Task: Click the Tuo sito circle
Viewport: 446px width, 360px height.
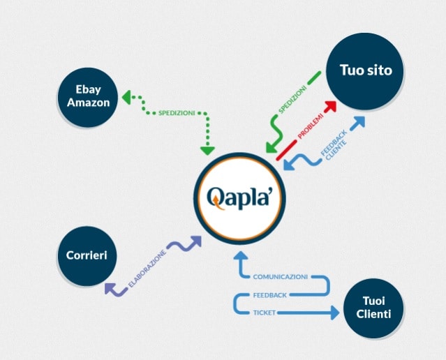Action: (x=366, y=70)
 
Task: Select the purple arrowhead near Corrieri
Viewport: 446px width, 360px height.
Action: (x=110, y=288)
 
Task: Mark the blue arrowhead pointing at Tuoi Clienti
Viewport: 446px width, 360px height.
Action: (x=334, y=313)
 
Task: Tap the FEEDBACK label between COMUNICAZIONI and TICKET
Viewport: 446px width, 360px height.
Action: (x=269, y=295)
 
